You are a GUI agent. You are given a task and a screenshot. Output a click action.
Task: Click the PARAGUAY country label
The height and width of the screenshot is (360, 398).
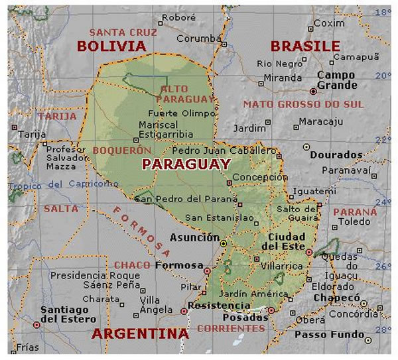(x=186, y=164)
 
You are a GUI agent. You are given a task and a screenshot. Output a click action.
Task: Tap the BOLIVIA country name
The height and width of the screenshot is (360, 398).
(x=111, y=46)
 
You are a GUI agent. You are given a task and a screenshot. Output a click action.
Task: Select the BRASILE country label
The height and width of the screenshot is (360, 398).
(x=305, y=46)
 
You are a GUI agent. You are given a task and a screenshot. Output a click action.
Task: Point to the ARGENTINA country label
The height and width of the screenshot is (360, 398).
(x=140, y=333)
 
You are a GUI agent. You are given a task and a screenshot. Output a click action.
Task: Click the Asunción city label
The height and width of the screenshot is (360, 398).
(x=194, y=237)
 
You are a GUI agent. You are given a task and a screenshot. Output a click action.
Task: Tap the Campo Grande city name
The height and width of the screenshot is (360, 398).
(x=336, y=80)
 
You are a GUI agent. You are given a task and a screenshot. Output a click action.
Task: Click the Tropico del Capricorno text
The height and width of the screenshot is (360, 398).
(x=60, y=184)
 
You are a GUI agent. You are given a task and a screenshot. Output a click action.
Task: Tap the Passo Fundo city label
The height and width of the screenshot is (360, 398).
(x=334, y=335)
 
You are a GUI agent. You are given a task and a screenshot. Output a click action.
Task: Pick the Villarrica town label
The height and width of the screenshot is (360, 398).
(x=281, y=266)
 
